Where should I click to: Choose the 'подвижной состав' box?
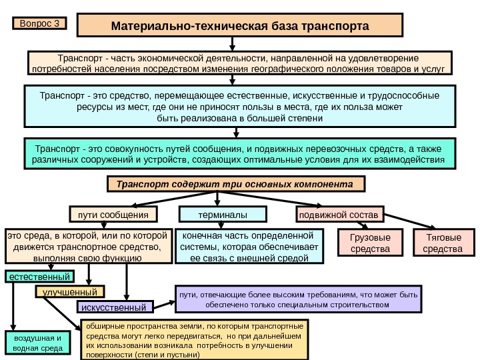coord(338,215)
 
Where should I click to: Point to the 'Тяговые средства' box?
coord(443,243)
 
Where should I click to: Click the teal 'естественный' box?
coord(39,275)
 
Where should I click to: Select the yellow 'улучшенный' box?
coord(69,291)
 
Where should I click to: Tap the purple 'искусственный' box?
coord(115,307)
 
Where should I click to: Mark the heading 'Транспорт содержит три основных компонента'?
coord(235,183)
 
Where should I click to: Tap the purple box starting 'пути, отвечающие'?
coord(297,299)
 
